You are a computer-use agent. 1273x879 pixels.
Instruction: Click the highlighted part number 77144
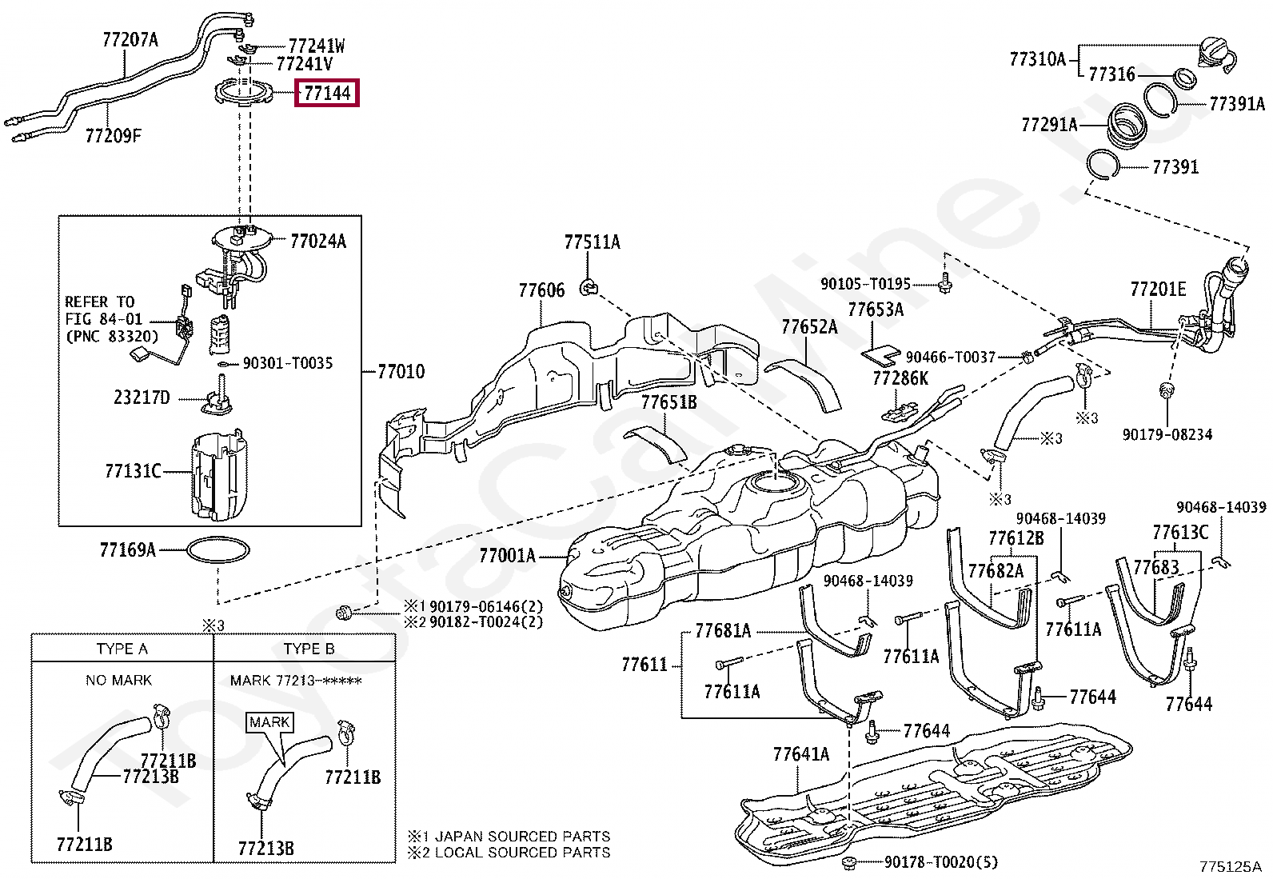point(327,94)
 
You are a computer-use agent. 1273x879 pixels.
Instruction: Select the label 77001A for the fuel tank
point(507,554)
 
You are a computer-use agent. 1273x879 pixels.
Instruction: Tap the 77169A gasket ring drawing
point(218,550)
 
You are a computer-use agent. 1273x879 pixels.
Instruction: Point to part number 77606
point(541,290)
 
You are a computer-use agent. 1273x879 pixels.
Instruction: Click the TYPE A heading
point(122,649)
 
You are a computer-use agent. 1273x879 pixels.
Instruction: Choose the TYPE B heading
point(309,649)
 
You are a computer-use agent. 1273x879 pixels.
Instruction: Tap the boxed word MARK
point(269,721)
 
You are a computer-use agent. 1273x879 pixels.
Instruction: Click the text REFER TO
point(100,302)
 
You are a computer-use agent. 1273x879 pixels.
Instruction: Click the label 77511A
point(592,242)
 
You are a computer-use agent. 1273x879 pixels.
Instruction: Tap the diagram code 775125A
point(1230,866)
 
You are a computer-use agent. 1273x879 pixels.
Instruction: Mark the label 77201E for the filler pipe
point(1158,289)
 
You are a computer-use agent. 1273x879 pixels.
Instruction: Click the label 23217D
point(142,397)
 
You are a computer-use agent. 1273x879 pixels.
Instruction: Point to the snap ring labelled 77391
point(1104,166)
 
